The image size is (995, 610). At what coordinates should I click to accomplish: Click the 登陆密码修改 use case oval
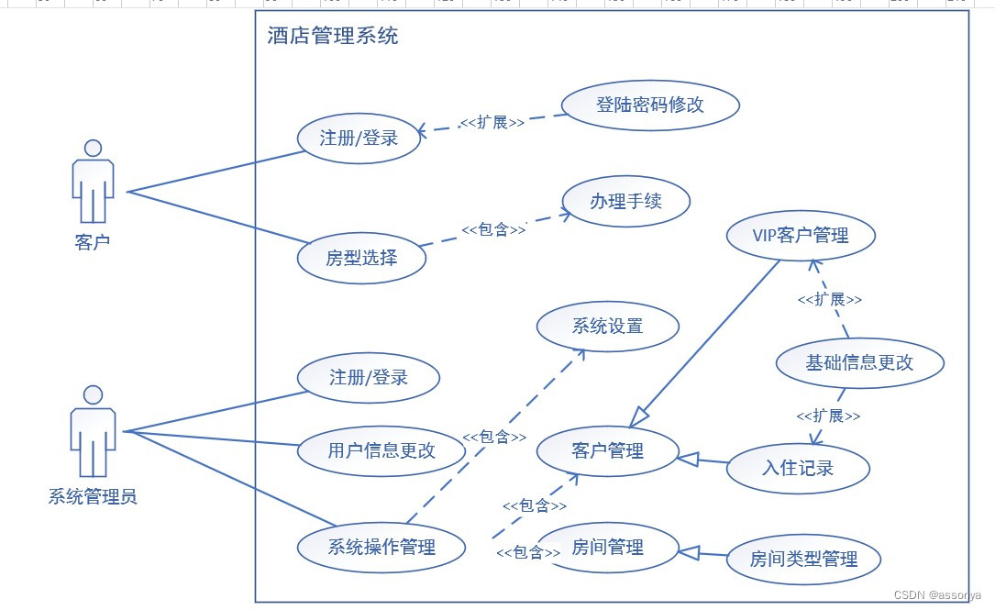click(x=649, y=105)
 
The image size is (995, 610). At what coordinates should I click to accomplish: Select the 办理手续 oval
click(x=625, y=201)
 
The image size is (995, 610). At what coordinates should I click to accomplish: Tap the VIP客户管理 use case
click(x=800, y=236)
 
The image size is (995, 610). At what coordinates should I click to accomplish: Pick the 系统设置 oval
click(x=607, y=327)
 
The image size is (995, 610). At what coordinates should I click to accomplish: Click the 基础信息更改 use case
click(x=859, y=362)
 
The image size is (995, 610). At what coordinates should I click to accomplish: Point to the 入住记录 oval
click(x=798, y=469)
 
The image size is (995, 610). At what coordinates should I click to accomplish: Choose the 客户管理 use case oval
click(x=607, y=451)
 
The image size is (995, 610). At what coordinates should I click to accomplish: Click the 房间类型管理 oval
click(x=803, y=559)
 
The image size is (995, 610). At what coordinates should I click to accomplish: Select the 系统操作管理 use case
click(x=381, y=548)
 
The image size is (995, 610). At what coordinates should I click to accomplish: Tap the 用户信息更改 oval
click(x=381, y=450)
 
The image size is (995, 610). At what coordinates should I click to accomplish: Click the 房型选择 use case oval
click(x=361, y=258)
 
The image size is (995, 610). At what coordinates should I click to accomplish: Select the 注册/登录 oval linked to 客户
click(x=359, y=139)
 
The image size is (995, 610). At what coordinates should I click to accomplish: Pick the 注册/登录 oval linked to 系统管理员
click(x=369, y=377)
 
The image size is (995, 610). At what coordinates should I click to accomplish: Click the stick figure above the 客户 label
click(x=93, y=182)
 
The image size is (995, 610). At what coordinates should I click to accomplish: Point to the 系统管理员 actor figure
click(x=93, y=431)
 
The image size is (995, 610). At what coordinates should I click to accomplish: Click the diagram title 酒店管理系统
click(x=333, y=37)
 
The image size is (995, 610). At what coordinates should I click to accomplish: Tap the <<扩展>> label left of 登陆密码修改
click(x=492, y=122)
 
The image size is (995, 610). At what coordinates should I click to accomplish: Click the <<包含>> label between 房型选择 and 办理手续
click(x=493, y=229)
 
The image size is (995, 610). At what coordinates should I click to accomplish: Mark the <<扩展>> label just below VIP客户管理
click(x=829, y=299)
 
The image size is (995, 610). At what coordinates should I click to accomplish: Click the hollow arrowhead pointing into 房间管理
click(x=689, y=551)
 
